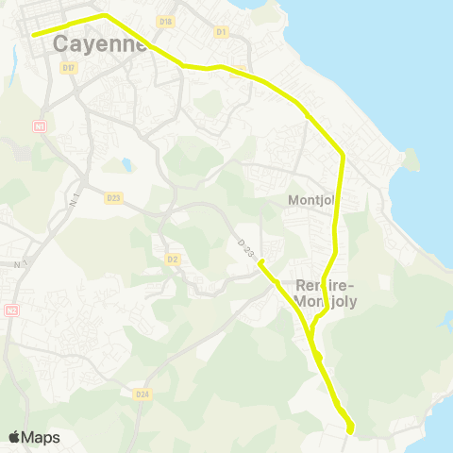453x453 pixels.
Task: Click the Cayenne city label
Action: pyautogui.click(x=100, y=43)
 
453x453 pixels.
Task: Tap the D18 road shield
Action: pyautogui.click(x=166, y=21)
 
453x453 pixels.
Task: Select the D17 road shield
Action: pyautogui.click(x=67, y=68)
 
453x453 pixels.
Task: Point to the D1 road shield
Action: pyautogui.click(x=222, y=32)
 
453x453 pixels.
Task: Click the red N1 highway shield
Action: pyautogui.click(x=40, y=126)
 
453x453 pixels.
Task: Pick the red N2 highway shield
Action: pyautogui.click(x=11, y=310)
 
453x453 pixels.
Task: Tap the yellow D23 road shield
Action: pyautogui.click(x=113, y=198)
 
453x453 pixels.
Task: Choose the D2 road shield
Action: pyautogui.click(x=172, y=259)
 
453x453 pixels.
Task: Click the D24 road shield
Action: pyautogui.click(x=142, y=394)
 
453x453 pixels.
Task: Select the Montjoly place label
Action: pyautogui.click(x=310, y=200)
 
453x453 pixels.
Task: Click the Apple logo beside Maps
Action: pyautogui.click(x=14, y=437)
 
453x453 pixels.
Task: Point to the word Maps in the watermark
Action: pyautogui.click(x=41, y=437)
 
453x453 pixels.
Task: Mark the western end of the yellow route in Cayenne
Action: pyautogui.click(x=33, y=35)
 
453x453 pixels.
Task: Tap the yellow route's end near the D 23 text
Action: pyautogui.click(x=260, y=263)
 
